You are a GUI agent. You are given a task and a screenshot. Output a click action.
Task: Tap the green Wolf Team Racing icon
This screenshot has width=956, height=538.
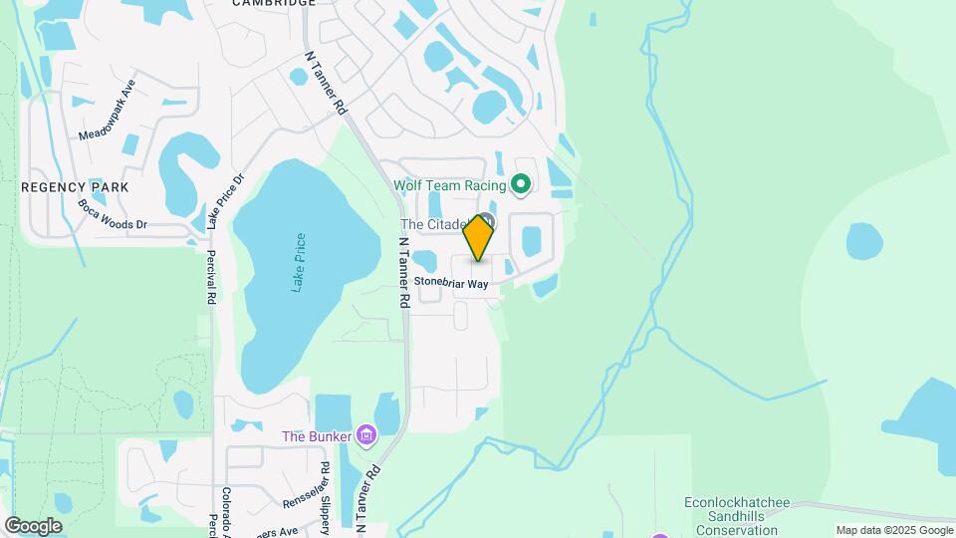(520, 184)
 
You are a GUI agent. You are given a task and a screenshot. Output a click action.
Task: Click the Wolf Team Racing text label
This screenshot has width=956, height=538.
(450, 185)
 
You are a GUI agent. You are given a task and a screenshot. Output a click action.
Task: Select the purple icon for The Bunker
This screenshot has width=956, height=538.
(367, 435)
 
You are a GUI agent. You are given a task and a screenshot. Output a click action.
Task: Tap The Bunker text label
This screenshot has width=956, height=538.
(318, 435)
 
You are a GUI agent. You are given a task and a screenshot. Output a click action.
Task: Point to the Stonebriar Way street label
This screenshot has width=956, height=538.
(451, 284)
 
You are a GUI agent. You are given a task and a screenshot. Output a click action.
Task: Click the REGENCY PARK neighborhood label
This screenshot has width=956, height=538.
(76, 187)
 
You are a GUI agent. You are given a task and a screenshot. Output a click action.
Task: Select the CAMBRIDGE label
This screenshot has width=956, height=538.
(274, 3)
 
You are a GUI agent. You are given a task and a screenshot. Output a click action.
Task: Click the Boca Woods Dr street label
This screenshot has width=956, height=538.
(112, 214)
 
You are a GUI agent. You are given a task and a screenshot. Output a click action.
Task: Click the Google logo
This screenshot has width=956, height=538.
(33, 525)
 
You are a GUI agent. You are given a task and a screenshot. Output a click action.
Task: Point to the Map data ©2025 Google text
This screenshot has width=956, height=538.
(893, 530)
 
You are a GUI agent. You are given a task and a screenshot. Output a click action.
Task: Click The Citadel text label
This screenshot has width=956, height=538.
(434, 225)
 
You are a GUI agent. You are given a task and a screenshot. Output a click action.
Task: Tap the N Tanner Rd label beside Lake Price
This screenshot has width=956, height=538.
(404, 271)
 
